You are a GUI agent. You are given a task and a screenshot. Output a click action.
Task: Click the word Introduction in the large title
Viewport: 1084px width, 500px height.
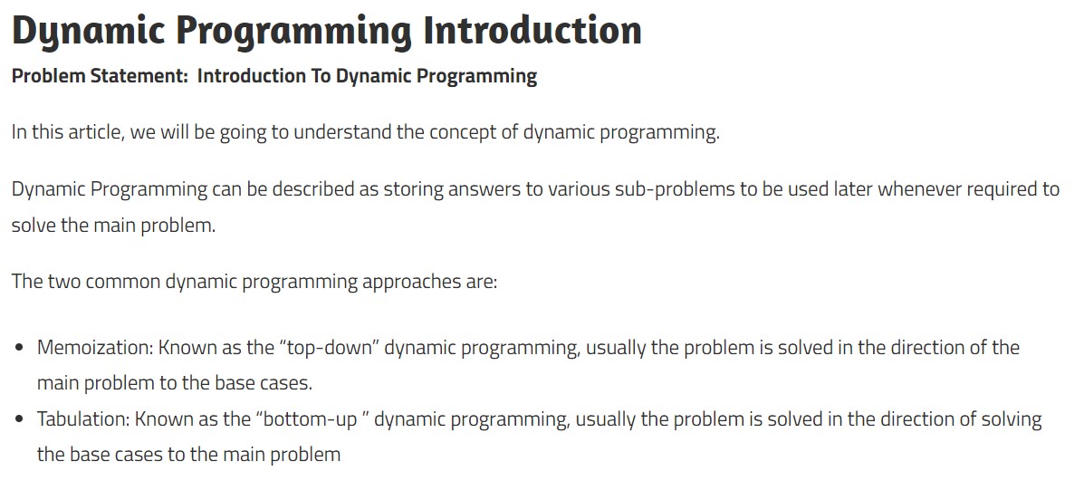tap(532, 31)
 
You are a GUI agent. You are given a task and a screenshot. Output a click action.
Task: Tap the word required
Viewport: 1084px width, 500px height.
tap(1002, 189)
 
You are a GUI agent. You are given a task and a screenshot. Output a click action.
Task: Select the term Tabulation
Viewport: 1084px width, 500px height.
tap(83, 419)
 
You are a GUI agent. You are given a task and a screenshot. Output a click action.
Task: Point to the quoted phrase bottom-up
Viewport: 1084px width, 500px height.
tap(312, 419)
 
